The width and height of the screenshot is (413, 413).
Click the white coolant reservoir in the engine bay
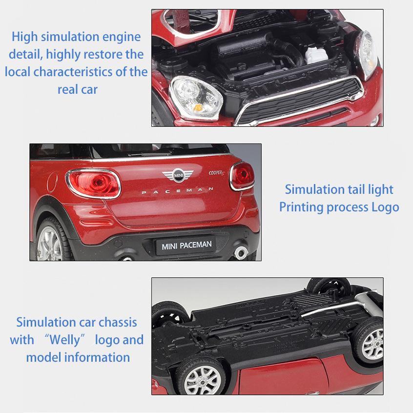pos(316,55)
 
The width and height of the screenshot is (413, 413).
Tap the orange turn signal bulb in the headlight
pos(198,107)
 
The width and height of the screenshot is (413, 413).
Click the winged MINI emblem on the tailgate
pos(178,175)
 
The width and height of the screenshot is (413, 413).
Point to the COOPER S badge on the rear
pos(217,173)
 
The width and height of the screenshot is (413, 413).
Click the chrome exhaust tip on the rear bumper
pos(241,252)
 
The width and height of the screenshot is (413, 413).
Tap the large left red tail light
pos(93,184)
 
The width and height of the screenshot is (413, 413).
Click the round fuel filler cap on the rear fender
pos(52,182)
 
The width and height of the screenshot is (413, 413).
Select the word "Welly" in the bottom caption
pos(64,339)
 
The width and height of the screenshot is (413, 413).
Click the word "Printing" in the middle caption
pos(301,207)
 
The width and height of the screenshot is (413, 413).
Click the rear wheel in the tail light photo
pos(51,241)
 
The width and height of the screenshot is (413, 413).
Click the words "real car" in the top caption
pos(78,89)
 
